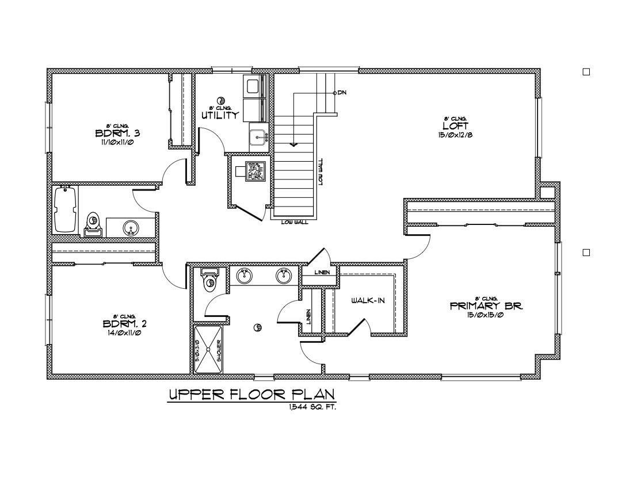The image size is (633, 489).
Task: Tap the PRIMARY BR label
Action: (x=486, y=306)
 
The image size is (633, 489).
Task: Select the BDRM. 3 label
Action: (x=117, y=133)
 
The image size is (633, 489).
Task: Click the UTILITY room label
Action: (x=220, y=115)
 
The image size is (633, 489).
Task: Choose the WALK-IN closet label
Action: (x=368, y=300)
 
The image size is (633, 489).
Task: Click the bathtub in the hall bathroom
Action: (x=64, y=210)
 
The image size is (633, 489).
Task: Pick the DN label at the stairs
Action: (x=342, y=93)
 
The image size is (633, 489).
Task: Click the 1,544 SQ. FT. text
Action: (x=313, y=407)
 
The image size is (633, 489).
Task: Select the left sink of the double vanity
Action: (x=245, y=276)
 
